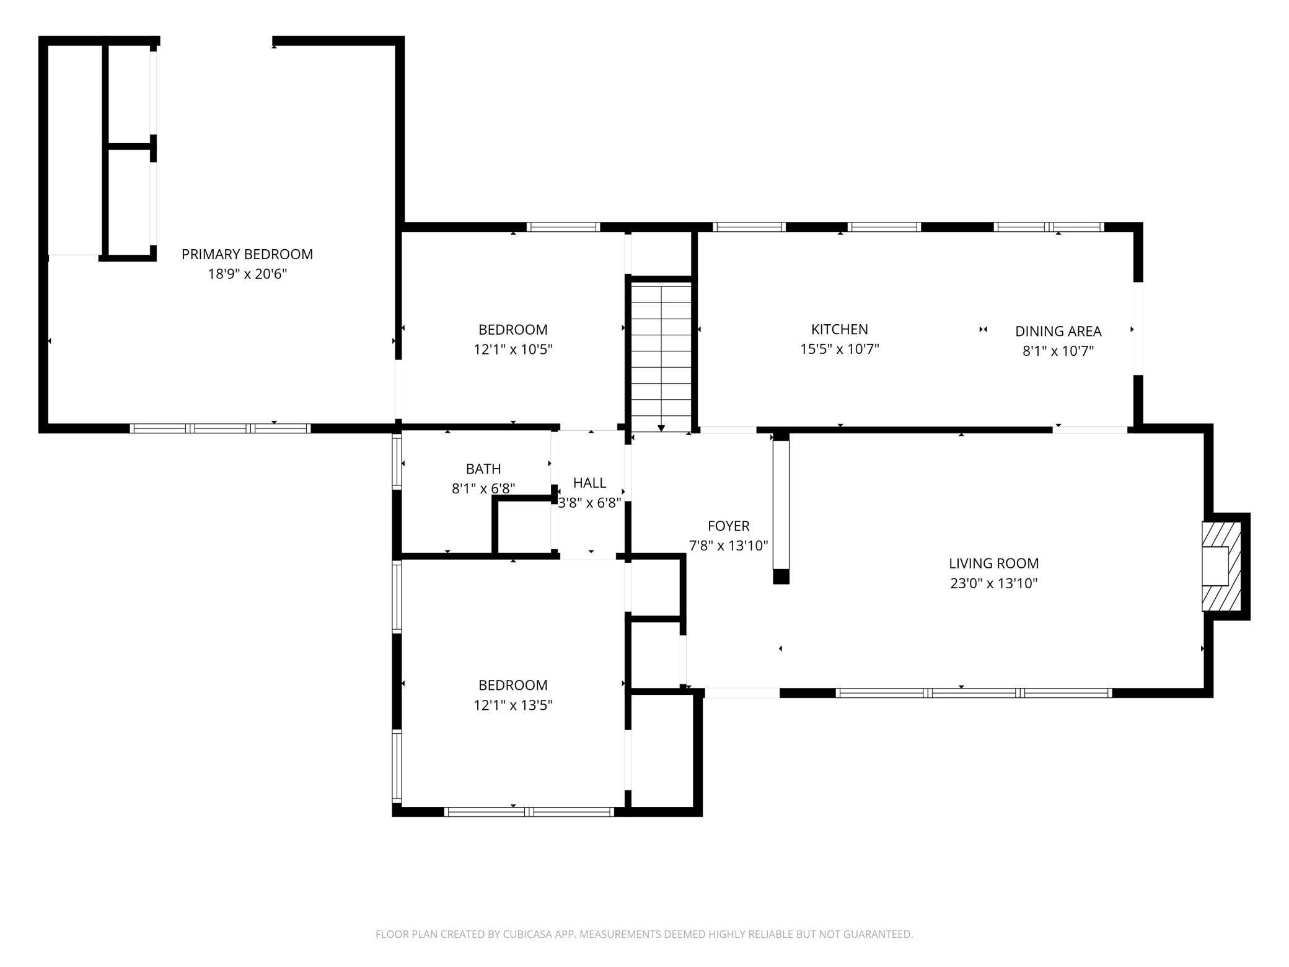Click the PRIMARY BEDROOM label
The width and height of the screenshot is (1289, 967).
point(247,254)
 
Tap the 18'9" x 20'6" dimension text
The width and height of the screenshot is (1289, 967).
point(247,274)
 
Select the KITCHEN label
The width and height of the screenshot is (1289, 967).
point(840,330)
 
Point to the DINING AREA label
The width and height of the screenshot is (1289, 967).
point(1058,332)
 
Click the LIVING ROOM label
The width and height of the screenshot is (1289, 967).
point(994,563)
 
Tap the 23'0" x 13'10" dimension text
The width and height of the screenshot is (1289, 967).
point(994,583)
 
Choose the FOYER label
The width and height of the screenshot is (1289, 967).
point(729,526)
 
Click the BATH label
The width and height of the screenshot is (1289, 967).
point(483,469)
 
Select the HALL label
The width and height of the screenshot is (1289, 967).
point(590,483)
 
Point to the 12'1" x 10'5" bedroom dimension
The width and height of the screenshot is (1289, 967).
point(513,350)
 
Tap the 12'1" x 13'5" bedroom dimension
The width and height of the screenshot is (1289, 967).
point(513,705)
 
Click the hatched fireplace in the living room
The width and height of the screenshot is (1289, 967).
point(1222,566)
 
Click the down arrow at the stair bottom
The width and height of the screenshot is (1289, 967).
point(661,428)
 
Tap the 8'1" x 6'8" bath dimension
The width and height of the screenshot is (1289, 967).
point(483,489)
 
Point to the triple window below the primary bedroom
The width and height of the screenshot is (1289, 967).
point(220,428)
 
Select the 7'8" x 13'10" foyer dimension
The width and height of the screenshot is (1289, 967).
point(729,546)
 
